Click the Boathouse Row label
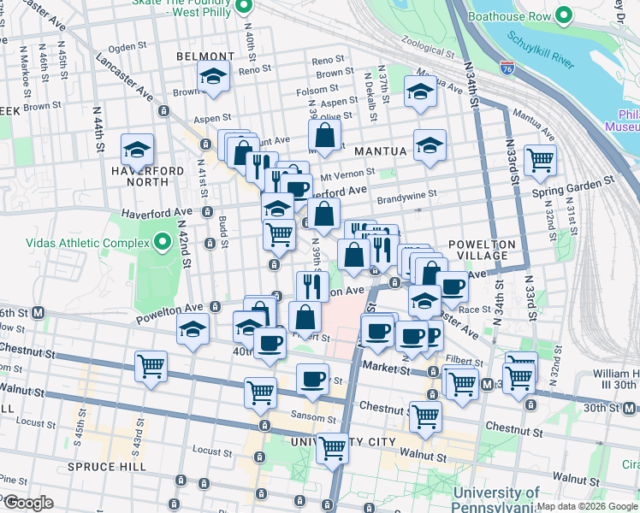[x=510, y=15]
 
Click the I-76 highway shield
[x=508, y=65]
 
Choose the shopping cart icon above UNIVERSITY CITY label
[x=332, y=447]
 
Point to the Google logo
[x=27, y=503]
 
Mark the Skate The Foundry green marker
[x=244, y=7]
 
